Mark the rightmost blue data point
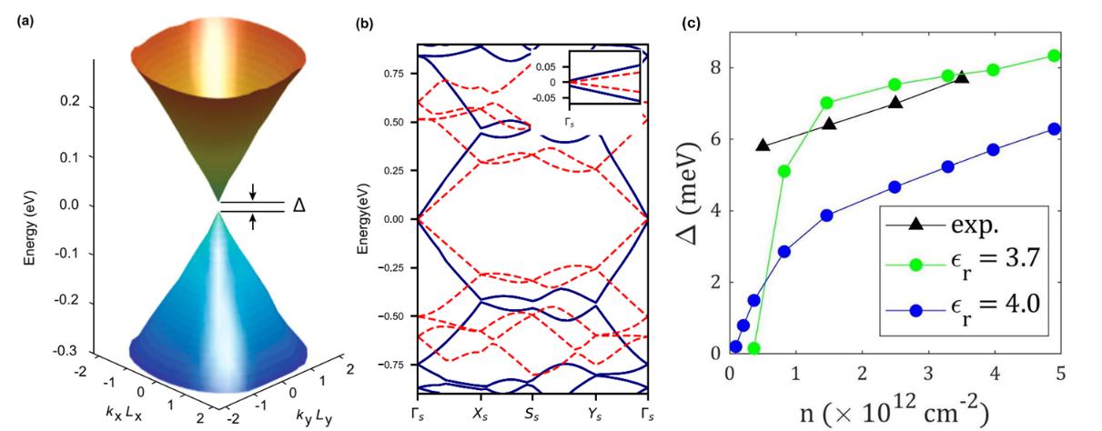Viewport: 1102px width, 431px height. pyautogui.click(x=1054, y=129)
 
